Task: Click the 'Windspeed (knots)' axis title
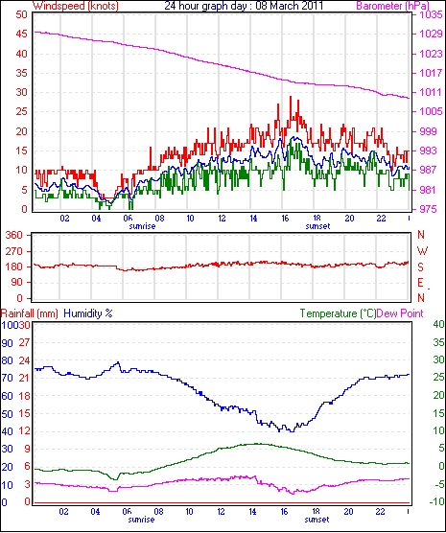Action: [x=75, y=6]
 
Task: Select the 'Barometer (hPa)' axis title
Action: [x=393, y=6]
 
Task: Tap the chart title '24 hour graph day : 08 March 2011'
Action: [x=244, y=6]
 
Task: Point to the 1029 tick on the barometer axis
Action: [x=431, y=34]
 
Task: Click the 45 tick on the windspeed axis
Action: [x=21, y=34]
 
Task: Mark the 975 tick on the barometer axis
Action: [x=431, y=209]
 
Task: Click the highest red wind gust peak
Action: [x=291, y=97]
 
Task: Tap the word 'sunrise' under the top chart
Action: [x=142, y=226]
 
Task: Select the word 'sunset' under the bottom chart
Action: [x=317, y=520]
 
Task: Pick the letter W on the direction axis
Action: [x=422, y=251]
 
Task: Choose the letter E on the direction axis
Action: [x=421, y=283]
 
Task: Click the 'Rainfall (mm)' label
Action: [x=30, y=313]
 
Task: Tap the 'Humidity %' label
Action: [x=88, y=313]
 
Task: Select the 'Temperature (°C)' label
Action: [x=339, y=313]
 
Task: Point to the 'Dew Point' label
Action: [x=400, y=313]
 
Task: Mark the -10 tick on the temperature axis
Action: [x=437, y=501]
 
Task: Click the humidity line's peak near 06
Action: [x=118, y=362]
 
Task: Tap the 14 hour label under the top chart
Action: [x=253, y=218]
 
